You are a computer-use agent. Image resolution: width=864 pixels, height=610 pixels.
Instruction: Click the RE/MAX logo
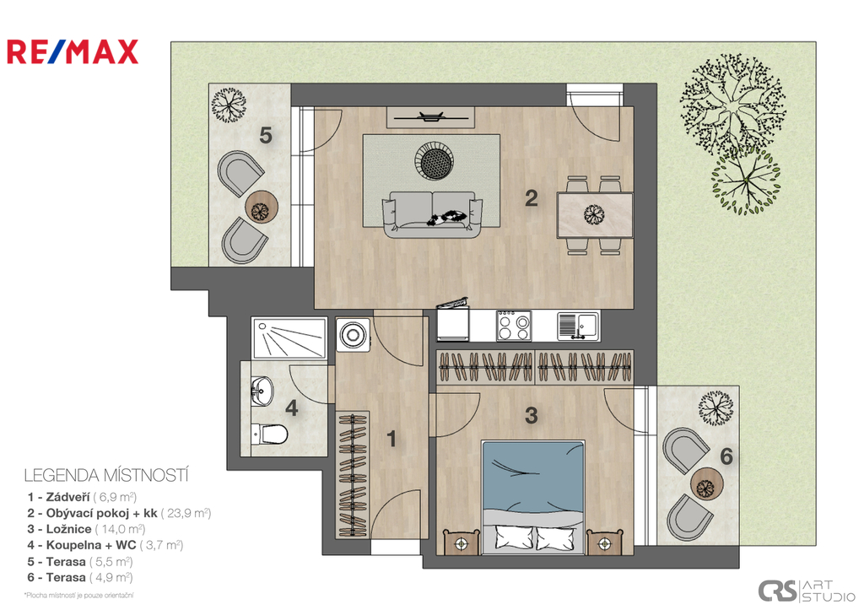pyautogui.click(x=73, y=51)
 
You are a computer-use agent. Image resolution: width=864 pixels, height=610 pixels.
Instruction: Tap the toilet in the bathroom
pyautogui.click(x=269, y=435)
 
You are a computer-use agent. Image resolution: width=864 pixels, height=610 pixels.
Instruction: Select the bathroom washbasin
pyautogui.click(x=262, y=391)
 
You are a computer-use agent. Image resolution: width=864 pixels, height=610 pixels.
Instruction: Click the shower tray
pyautogui.click(x=289, y=337)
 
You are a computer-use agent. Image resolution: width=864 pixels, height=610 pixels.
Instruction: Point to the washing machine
pyautogui.click(x=354, y=334)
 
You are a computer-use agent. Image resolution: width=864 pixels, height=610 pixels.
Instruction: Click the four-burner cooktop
pyautogui.click(x=514, y=326)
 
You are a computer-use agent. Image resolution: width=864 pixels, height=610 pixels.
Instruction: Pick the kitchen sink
pyautogui.click(x=577, y=326)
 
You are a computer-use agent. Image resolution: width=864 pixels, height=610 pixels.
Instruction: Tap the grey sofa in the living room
pyautogui.click(x=433, y=214)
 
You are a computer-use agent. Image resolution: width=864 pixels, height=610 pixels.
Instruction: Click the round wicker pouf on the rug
pyautogui.click(x=435, y=160)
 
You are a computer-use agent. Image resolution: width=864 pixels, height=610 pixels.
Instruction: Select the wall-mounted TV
pyautogui.click(x=430, y=116)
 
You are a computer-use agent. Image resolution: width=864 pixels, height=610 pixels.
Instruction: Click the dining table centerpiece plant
pyautogui.click(x=594, y=213)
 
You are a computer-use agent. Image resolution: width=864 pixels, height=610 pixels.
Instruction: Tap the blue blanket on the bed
pyautogui.click(x=532, y=478)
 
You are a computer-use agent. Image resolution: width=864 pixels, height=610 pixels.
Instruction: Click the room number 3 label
pyautogui.click(x=532, y=415)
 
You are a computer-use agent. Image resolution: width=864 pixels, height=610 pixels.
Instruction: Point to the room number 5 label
pyautogui.click(x=266, y=135)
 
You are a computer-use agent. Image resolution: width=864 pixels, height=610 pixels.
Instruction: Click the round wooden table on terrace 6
pyautogui.click(x=706, y=484)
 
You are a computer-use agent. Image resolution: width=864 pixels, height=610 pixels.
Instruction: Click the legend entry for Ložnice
pyautogui.click(x=87, y=529)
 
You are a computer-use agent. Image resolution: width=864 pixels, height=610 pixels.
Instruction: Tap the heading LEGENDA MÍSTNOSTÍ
pyautogui.click(x=106, y=475)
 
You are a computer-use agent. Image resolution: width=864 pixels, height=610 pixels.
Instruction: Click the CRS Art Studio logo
pyautogui.click(x=807, y=591)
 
